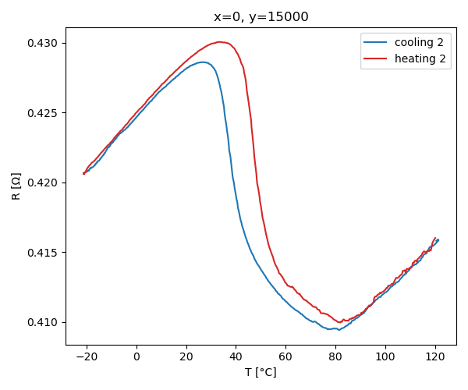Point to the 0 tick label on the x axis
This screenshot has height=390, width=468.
pos(136,357)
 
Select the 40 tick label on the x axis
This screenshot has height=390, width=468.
pos(236,357)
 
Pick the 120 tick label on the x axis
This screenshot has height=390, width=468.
pos(434,357)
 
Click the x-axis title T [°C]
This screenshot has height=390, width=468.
pos(261,373)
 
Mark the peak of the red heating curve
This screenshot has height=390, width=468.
pos(221,41)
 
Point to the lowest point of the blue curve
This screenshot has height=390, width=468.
pos(339,330)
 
